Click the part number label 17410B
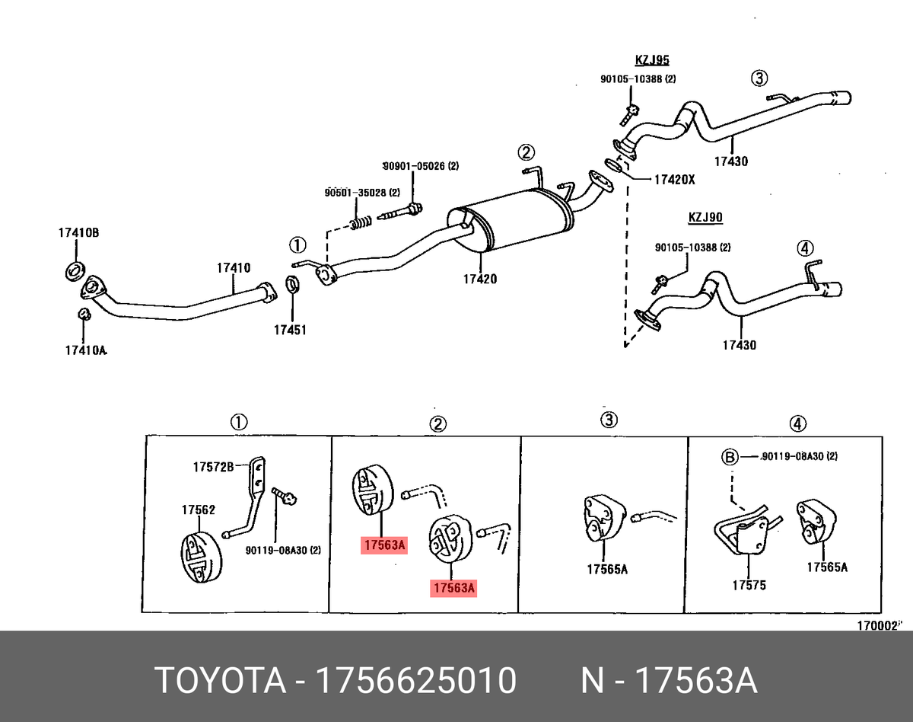point(79,233)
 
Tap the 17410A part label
point(86,350)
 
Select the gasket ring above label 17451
point(292,286)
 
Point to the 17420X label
point(675,180)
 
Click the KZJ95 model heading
point(652,59)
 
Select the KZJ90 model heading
point(705,218)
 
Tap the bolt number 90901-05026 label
point(420,166)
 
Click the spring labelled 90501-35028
point(361,223)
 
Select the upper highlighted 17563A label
point(385,545)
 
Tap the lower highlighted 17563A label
point(453,588)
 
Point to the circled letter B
point(730,457)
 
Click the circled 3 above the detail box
point(608,420)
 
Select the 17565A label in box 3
point(606,568)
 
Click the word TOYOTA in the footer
point(220,680)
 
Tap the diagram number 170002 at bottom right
point(877,625)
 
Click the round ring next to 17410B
point(75,268)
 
